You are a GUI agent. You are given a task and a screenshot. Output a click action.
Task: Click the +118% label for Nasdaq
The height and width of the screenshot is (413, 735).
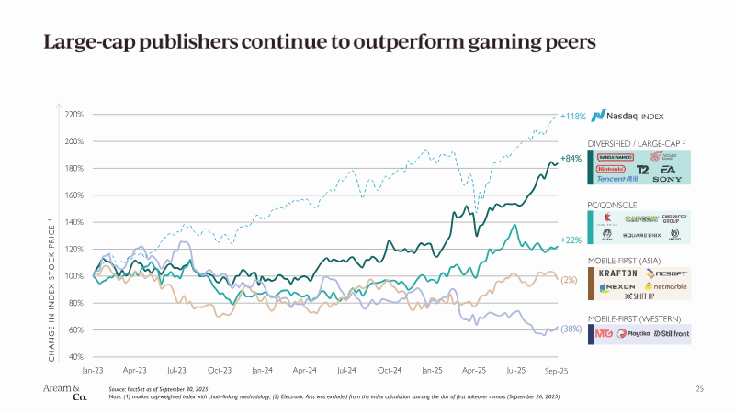(x=572, y=117)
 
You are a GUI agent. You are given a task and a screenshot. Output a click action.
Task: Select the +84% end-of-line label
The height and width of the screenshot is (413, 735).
(x=571, y=159)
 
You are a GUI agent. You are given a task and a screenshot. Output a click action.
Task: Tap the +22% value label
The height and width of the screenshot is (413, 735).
(x=571, y=240)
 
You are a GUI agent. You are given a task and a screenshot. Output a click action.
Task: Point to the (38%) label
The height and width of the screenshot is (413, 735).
(x=571, y=329)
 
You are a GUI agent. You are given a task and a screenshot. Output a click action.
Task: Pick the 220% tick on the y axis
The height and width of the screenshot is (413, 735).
(x=74, y=115)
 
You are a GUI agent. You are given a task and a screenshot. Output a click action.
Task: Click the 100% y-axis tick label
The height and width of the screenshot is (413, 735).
(x=74, y=276)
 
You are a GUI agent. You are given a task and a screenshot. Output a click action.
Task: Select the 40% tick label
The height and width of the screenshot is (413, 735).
(x=76, y=356)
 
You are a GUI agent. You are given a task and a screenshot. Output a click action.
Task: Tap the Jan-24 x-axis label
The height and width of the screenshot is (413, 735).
(x=262, y=371)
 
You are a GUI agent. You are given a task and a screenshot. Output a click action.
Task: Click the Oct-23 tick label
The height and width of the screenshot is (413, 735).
(x=219, y=371)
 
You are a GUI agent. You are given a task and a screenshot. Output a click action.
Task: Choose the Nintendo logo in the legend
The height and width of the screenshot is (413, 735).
(x=608, y=170)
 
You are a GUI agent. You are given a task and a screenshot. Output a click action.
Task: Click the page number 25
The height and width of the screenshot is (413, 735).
(x=700, y=389)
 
